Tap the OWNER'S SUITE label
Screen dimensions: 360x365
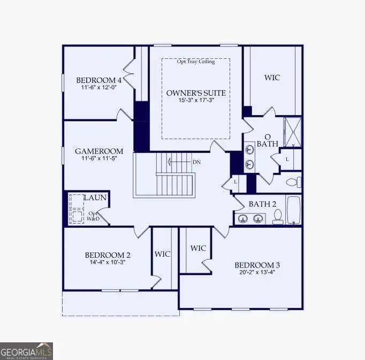pos(196,93)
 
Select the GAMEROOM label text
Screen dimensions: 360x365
pos(98,151)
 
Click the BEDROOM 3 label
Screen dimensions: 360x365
pos(257,265)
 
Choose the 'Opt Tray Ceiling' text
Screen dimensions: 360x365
pos(196,62)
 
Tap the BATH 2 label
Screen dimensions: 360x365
pos(262,204)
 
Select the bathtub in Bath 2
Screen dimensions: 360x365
pos(294,211)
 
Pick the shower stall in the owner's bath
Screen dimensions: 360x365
pos(292,132)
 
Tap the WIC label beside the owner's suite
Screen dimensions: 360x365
pos(272,78)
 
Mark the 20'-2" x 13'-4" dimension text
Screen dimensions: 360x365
pos(257,272)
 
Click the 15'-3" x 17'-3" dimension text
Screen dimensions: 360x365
pos(196,101)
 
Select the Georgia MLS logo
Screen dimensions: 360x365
pos(26,351)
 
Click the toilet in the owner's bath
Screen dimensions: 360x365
pos(293,181)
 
